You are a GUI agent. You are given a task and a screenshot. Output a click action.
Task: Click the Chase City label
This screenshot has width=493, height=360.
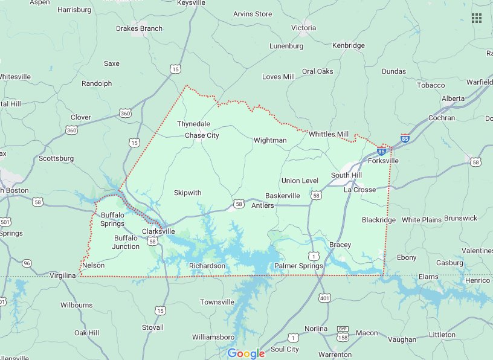[202, 135]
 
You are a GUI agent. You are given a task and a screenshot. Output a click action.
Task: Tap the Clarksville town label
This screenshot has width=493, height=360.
[158, 231]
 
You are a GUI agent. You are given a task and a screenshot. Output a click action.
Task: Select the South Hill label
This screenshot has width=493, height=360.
[346, 175]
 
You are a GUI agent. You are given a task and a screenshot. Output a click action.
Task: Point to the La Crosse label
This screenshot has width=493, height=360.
[359, 190]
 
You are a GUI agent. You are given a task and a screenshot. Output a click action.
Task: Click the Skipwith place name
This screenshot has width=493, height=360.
[187, 193]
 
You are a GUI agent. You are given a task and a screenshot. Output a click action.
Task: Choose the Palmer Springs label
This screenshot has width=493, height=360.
[298, 266]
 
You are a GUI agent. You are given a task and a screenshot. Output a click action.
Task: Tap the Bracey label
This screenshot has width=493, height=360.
[340, 245]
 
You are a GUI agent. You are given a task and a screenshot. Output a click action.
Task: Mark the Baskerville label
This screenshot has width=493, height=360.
[283, 196]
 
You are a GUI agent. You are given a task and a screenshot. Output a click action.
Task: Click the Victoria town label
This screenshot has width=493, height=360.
[303, 28]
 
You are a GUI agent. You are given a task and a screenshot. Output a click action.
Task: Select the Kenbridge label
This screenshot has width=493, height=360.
[349, 45]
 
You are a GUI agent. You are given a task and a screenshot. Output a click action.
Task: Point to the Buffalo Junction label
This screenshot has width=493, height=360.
[127, 242]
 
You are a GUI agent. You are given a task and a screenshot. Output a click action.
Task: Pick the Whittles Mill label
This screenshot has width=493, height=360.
[329, 134]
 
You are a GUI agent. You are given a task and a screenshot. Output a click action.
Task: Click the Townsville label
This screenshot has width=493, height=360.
[217, 302]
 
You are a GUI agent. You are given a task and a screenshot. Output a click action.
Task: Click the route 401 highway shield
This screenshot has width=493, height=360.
[325, 297]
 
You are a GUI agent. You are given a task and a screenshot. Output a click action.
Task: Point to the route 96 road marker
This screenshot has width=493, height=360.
[26, 263]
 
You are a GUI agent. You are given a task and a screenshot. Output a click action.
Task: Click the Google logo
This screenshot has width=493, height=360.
[246, 353]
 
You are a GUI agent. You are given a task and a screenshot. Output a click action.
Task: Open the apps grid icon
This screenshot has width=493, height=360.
[477, 18]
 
